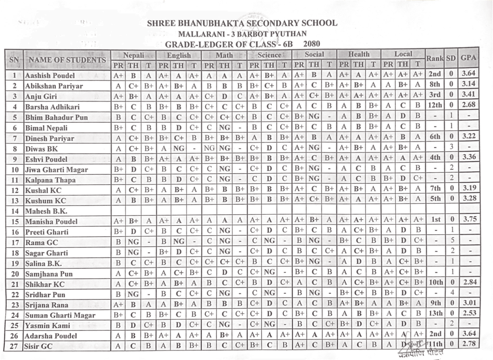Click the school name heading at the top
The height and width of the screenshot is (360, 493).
click(x=242, y=23)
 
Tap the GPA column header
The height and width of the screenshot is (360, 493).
click(x=468, y=58)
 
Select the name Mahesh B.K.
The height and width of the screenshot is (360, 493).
click(x=46, y=211)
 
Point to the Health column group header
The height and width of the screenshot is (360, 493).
click(x=359, y=54)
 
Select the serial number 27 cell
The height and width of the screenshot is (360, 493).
click(x=14, y=346)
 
